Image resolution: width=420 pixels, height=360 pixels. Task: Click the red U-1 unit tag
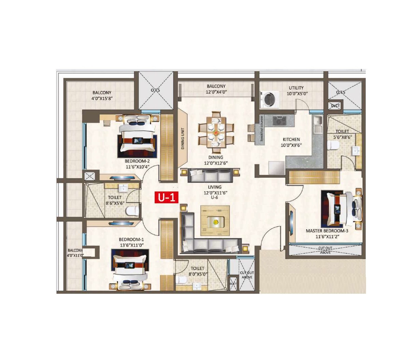166,197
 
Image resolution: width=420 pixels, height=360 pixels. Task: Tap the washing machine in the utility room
270,99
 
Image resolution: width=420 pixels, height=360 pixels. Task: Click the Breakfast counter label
262,129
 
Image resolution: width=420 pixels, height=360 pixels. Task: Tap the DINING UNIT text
183,138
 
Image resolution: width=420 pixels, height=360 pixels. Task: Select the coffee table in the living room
215,221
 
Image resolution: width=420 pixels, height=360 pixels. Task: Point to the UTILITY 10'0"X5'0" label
296,91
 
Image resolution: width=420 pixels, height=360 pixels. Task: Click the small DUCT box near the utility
335,106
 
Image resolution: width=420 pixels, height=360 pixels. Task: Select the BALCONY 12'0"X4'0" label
216,89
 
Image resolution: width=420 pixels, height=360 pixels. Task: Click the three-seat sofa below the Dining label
210,176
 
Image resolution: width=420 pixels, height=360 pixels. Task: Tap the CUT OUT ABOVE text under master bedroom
325,250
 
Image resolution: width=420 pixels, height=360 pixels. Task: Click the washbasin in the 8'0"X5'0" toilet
197,285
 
